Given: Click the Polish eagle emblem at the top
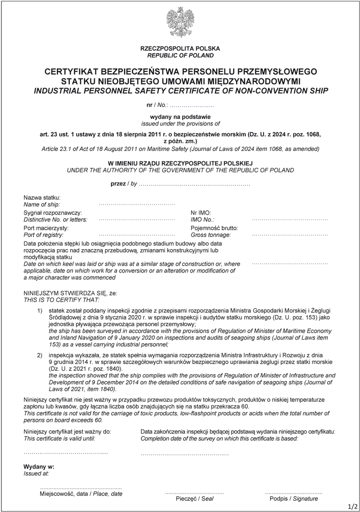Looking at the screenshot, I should coord(180,22).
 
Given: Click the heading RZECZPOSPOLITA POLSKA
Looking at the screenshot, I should coord(180,48).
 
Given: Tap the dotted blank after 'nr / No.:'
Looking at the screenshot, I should coord(192,106).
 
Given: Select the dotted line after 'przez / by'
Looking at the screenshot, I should coord(194,184).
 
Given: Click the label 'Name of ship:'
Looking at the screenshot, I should coord(42,204).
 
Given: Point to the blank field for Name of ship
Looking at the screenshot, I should coord(137,204).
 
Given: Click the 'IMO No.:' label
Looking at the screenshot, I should coord(203,220).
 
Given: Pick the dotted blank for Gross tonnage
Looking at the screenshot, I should coord(290,235).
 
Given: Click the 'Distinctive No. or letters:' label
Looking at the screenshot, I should coord(55,220).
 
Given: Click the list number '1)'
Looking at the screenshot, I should coord(40,311).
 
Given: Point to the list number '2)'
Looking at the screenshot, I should coord(40,355).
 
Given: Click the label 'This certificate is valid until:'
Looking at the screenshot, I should coord(60,438).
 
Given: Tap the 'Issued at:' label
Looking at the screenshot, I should coord(36,473).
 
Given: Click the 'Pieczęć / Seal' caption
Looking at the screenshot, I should coord(194,499).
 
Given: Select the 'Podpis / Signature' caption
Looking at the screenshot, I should coord(294,499).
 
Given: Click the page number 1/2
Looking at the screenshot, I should coord(353,506).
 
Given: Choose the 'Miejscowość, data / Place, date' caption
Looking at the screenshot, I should coord(81,494).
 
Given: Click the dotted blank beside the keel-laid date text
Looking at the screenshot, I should coord(290,263).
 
